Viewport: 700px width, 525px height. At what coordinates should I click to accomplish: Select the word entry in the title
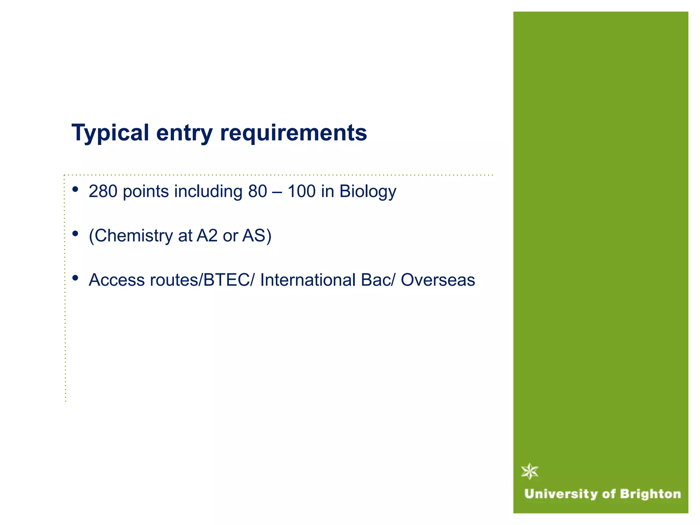point(185,133)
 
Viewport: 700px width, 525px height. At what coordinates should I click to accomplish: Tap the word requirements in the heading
point(294,133)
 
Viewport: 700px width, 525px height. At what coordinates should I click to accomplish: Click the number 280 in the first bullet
point(103,191)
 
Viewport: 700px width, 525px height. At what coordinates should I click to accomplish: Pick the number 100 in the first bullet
point(301,191)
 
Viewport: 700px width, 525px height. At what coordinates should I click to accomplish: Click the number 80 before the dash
point(257,191)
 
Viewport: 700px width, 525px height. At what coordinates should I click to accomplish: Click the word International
point(308,280)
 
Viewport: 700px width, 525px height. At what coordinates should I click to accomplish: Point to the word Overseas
point(438,280)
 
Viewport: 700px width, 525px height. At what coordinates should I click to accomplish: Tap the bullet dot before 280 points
point(76,189)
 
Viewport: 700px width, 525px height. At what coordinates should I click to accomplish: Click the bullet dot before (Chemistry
point(76,234)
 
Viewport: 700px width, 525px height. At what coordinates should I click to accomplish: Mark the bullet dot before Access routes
point(76,278)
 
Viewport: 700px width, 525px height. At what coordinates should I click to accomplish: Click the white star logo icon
point(530,471)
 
